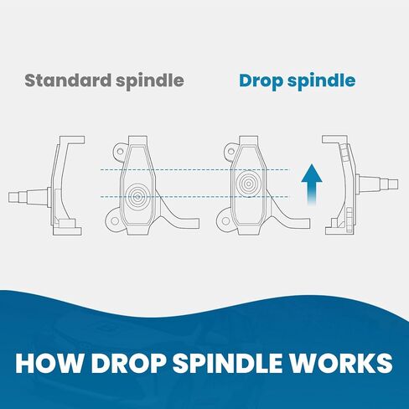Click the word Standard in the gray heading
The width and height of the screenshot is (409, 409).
[68, 80]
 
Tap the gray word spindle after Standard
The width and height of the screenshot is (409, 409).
[150, 81]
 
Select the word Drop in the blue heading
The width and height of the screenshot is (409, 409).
[261, 81]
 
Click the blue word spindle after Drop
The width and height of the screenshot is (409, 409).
[321, 81]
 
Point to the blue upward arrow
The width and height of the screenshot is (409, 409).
[312, 184]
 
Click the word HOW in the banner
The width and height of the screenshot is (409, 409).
[47, 363]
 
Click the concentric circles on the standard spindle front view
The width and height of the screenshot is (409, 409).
[137, 195]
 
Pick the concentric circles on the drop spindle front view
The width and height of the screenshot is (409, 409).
[248, 184]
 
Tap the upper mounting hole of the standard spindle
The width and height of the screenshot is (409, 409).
[120, 152]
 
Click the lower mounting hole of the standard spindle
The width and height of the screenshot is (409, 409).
[115, 221]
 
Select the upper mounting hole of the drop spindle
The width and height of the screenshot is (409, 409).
[231, 152]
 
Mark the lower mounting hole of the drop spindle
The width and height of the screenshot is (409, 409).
[225, 221]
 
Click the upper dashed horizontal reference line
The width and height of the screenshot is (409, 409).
[194, 169]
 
